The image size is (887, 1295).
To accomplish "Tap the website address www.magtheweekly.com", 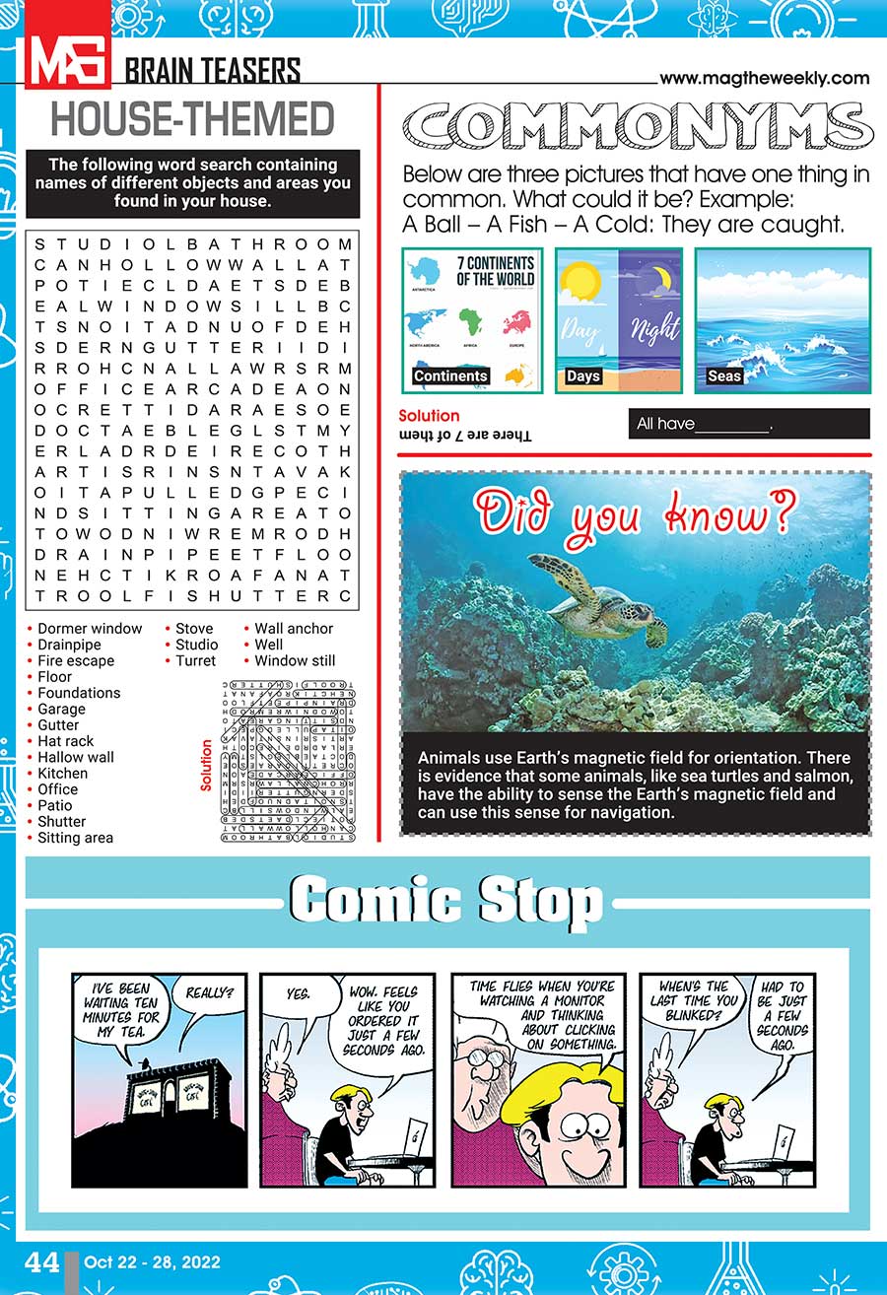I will tap(764, 78).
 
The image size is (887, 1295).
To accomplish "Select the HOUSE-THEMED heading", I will tap(192, 119).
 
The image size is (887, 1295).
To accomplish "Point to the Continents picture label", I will tap(450, 375).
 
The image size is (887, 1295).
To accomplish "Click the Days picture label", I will tap(583, 375).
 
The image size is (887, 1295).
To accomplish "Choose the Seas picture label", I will tap(724, 375).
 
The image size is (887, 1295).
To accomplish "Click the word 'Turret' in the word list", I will tap(195, 660).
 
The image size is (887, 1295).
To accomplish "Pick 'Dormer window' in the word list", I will tap(90, 629).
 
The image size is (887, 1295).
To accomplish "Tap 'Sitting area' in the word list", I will tap(75, 838).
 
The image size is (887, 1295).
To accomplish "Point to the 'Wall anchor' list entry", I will tap(294, 629).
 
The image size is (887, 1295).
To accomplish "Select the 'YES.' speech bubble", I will tap(297, 994).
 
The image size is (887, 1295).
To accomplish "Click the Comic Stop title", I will tap(445, 902).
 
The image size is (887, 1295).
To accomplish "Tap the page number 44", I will tap(42, 1262).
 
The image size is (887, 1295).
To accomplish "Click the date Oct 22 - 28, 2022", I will tap(152, 1262).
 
